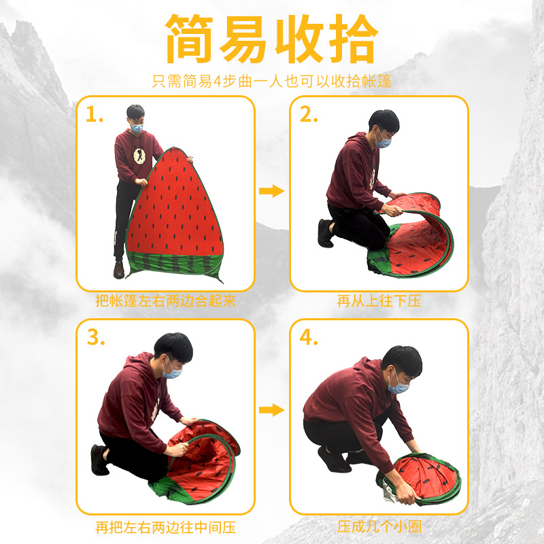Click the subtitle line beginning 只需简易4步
[x=272, y=82]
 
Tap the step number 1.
[x=95, y=116]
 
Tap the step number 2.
[x=309, y=116]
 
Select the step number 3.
[x=95, y=338]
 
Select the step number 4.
[x=309, y=338]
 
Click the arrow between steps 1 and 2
[x=272, y=191]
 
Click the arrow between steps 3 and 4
[x=272, y=409]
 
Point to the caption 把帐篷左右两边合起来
[x=165, y=301]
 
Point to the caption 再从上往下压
[x=379, y=301]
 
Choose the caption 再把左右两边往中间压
[x=165, y=527]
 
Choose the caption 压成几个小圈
[x=379, y=527]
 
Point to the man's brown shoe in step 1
[x=119, y=270]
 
